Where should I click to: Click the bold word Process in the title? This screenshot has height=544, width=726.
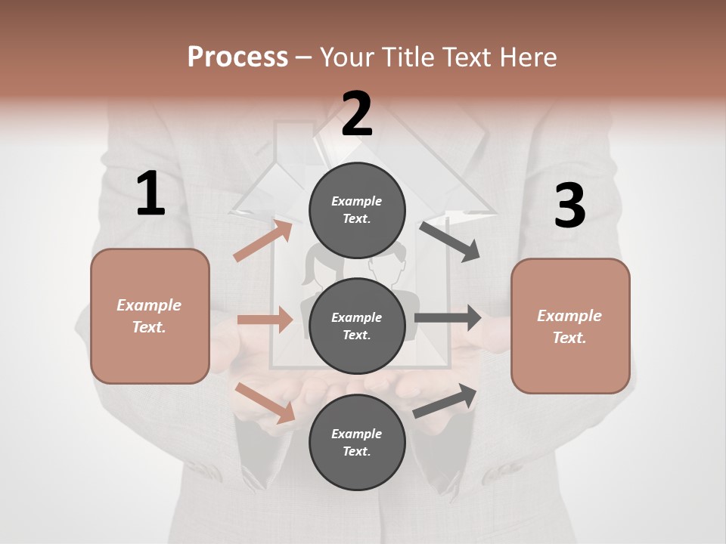(237, 57)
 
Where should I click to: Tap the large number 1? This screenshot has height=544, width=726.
(150, 194)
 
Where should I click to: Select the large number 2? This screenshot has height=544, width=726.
(357, 114)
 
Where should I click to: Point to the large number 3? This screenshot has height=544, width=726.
(569, 206)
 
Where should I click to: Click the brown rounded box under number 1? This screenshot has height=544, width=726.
(150, 316)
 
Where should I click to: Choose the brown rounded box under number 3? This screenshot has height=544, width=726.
(570, 326)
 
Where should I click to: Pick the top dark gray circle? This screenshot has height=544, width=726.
(357, 210)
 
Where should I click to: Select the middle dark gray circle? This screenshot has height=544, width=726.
(357, 326)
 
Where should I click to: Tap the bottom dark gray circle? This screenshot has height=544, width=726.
(357, 442)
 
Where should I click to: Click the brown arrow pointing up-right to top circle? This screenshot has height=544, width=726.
(263, 241)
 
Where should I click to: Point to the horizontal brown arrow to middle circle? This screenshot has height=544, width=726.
(265, 320)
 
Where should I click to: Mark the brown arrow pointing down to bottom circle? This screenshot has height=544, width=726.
(265, 402)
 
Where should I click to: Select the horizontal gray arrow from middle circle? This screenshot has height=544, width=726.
(448, 318)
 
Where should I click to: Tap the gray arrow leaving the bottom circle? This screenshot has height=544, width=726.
(445, 401)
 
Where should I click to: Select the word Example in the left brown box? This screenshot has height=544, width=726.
(149, 305)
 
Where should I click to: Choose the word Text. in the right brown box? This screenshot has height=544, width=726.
(569, 338)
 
